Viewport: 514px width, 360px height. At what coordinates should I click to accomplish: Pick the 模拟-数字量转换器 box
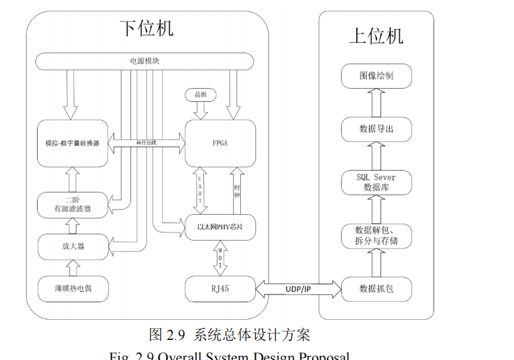[x=72, y=143]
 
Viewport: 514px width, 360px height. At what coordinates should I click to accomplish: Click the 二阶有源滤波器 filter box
[x=72, y=204]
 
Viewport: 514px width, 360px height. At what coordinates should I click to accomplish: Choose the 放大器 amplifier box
[x=72, y=246]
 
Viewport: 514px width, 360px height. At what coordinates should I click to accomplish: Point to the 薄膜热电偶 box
[x=72, y=288]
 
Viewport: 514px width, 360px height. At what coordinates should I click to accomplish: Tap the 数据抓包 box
[x=376, y=288]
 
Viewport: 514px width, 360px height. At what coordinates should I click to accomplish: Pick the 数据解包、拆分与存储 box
[x=376, y=235]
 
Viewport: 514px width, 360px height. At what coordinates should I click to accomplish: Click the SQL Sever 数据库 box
[x=376, y=182]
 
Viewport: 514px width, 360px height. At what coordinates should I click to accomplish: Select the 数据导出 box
[x=376, y=129]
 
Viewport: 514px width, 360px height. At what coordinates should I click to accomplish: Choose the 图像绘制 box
[x=376, y=76]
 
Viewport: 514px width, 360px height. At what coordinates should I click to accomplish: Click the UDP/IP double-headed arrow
[x=299, y=287]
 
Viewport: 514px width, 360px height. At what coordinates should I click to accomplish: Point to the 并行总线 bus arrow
[x=146, y=143]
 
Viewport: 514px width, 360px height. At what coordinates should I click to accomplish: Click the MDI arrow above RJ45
[x=220, y=258]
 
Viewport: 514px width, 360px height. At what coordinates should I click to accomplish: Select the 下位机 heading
[x=147, y=29]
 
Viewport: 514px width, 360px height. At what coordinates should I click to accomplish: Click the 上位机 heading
[x=376, y=36]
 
